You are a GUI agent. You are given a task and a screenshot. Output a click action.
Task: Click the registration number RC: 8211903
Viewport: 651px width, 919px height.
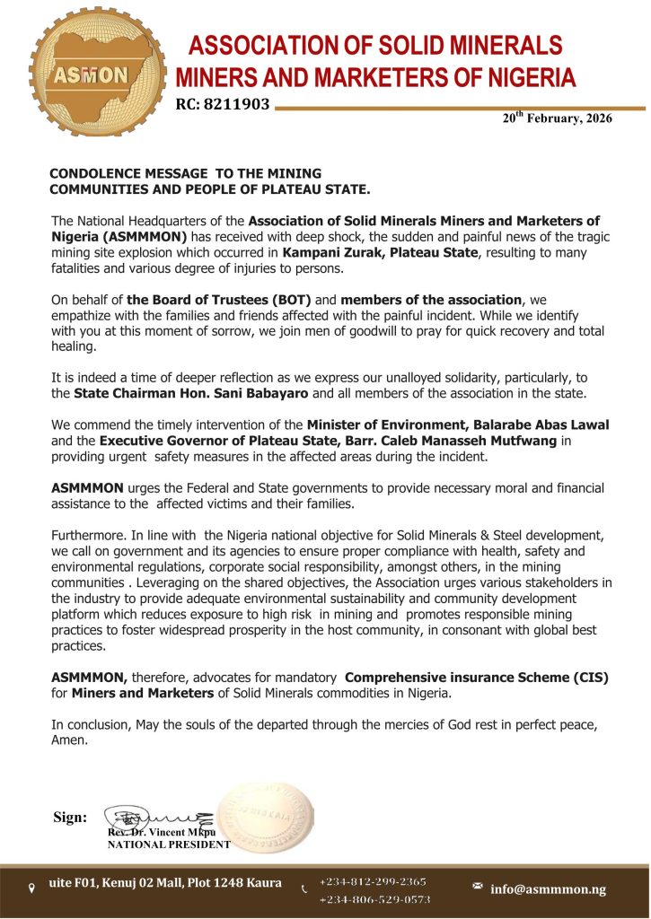[x=223, y=105]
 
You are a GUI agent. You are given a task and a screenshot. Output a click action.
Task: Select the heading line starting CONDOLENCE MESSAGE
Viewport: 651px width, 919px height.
[x=185, y=172]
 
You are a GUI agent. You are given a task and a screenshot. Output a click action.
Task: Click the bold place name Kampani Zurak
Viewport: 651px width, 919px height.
[x=332, y=254]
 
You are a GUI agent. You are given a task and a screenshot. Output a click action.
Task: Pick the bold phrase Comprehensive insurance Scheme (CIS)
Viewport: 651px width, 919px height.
[x=477, y=677]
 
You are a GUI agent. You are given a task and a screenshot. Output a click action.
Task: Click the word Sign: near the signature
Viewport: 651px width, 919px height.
[x=71, y=817]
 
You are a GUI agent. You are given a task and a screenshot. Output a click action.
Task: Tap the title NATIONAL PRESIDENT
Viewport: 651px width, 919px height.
[x=169, y=845]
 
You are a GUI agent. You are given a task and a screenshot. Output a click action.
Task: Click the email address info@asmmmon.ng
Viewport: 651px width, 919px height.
[x=548, y=888]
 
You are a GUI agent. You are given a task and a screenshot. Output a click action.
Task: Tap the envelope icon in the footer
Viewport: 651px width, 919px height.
[x=478, y=887]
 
